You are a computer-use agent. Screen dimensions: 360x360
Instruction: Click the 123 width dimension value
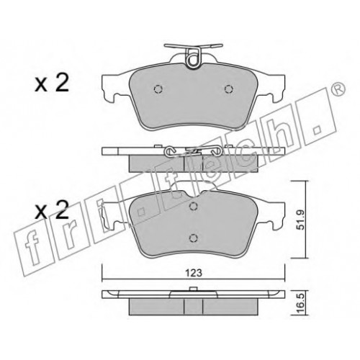click(194, 273)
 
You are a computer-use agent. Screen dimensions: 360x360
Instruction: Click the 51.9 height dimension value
click(300, 220)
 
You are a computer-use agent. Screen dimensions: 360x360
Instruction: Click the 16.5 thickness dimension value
click(300, 303)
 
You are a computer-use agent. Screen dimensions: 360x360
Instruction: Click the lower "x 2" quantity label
click(52, 210)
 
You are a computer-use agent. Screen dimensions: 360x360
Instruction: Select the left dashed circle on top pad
click(158, 89)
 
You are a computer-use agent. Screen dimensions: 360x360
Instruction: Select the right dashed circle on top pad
click(229, 89)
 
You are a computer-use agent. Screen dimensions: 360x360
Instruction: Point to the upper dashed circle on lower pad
click(193, 206)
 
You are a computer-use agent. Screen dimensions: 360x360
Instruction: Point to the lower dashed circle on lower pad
click(193, 238)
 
